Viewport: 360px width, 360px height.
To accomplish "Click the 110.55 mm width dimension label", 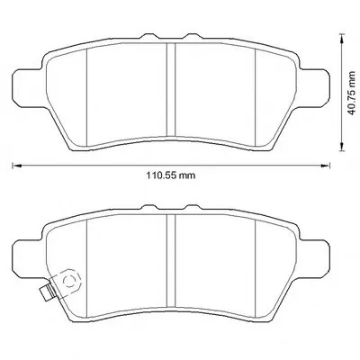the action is point(171,175).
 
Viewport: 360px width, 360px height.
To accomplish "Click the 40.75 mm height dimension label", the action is point(351,93).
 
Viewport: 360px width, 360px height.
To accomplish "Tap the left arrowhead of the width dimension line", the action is point(16,166).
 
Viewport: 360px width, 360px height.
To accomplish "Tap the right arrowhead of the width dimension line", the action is point(326,166).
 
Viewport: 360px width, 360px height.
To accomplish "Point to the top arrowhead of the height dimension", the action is point(341,39).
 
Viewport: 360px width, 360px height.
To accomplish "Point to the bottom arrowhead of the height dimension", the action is point(341,147).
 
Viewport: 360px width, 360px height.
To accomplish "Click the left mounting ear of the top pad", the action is point(28,87).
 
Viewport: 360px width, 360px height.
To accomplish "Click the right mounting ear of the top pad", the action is point(314,87).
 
